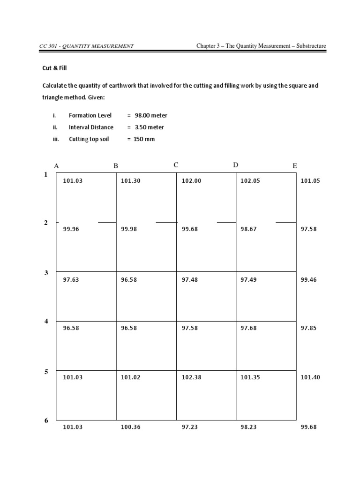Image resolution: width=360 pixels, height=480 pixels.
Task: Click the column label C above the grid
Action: (x=176, y=165)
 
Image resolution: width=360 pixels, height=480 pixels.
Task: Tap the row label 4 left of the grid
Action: (x=46, y=322)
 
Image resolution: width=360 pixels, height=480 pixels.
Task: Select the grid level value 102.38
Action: (x=191, y=377)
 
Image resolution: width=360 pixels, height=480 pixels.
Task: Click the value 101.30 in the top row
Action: (x=131, y=180)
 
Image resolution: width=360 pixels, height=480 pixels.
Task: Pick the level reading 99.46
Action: (x=310, y=279)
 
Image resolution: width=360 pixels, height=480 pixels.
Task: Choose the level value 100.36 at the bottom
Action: (x=131, y=427)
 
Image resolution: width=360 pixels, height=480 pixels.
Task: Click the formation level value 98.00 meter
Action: (x=151, y=115)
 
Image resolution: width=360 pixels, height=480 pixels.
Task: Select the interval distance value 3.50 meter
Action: (x=149, y=127)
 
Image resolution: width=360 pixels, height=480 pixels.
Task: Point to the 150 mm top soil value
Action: (x=144, y=139)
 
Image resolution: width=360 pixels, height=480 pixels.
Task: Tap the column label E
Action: (x=295, y=166)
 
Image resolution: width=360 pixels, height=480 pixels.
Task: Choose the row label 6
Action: (x=46, y=421)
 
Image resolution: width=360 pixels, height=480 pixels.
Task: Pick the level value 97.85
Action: (x=310, y=328)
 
